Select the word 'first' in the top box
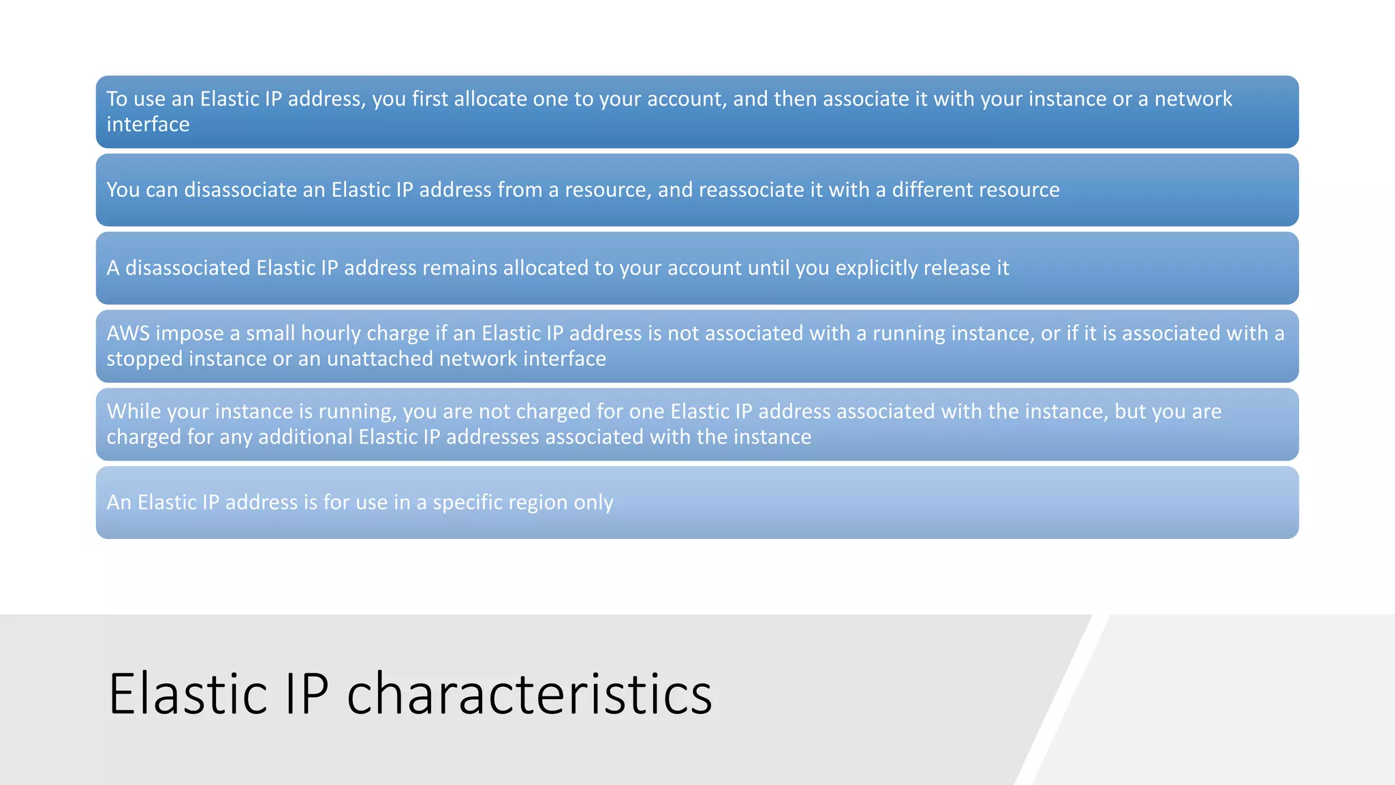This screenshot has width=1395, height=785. click(x=430, y=99)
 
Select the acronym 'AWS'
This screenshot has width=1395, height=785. click(x=128, y=333)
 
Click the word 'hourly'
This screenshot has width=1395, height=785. click(x=331, y=333)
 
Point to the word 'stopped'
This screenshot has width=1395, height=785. click(x=144, y=359)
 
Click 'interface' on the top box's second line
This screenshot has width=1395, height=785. click(x=148, y=125)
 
